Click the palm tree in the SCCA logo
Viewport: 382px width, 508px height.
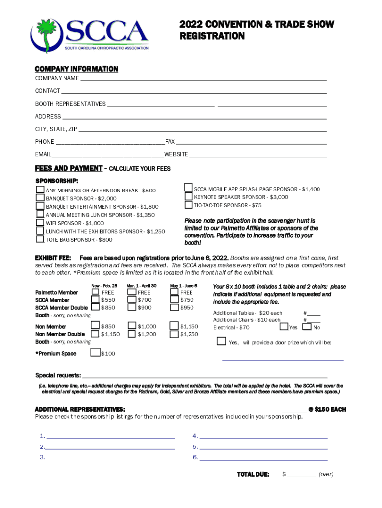coord(46,35)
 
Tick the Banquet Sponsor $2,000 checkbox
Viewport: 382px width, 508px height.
coord(40,198)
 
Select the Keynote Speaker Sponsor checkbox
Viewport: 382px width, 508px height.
coord(189,196)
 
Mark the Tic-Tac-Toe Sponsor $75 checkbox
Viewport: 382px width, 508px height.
coord(189,205)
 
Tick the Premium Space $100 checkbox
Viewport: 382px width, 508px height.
coord(95,353)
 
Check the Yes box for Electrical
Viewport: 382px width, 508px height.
coord(284,327)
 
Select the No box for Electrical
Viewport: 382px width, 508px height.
coord(307,327)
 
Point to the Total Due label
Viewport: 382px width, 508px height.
coord(253,474)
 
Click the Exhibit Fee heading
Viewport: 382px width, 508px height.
coord(53,258)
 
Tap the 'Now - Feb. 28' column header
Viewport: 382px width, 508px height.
coord(104,286)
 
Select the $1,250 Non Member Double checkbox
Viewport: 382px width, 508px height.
coord(174,334)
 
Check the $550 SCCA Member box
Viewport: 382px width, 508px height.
coord(95,300)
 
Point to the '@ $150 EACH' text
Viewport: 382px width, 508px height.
coord(327,409)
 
